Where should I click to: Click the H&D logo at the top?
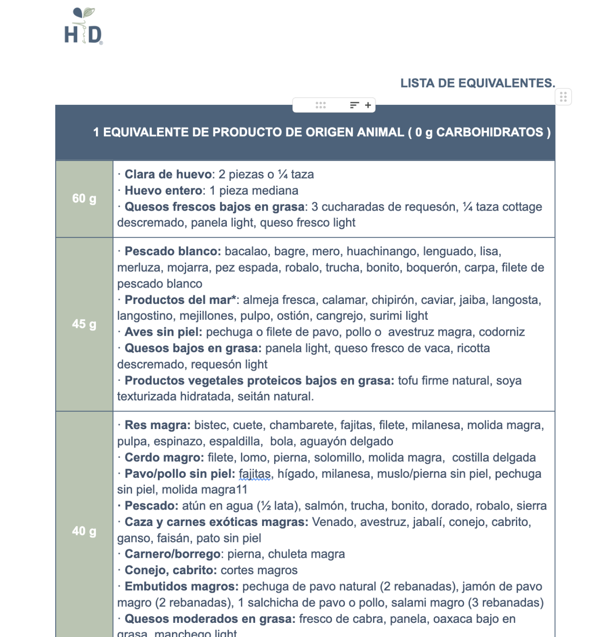point(84,27)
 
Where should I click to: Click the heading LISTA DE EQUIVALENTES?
point(477,83)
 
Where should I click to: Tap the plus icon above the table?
point(368,105)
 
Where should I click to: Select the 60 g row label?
point(84,199)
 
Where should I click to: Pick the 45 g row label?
point(84,324)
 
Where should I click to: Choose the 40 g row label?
point(84,531)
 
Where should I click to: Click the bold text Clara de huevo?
point(168,174)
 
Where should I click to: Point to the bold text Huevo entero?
point(164,191)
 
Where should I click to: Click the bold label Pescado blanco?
point(172,251)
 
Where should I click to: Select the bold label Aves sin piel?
point(163,332)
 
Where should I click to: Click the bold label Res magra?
point(157,425)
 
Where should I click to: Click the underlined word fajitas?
point(255,474)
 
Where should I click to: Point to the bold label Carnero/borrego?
point(172,554)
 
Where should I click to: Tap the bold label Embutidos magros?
point(181,587)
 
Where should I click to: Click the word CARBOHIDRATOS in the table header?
point(489,132)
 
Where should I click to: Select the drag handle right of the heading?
point(563,97)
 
